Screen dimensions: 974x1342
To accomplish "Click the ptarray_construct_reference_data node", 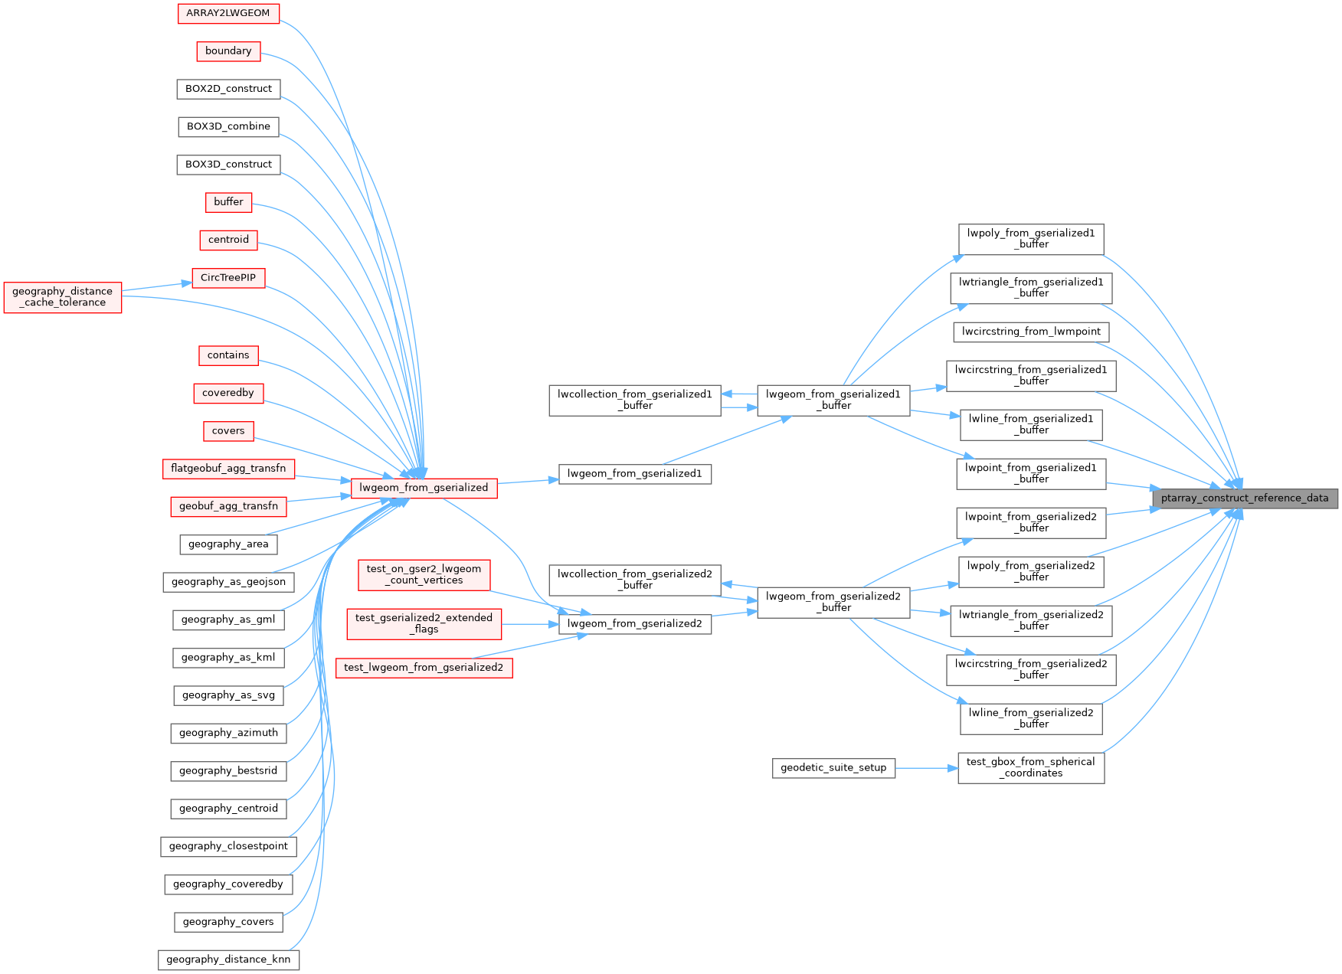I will click(x=1245, y=498).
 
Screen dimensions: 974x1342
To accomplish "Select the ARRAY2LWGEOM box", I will click(x=228, y=13).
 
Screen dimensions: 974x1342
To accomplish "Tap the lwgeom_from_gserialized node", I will click(x=424, y=488).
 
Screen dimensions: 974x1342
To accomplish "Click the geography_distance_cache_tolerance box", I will click(x=63, y=297).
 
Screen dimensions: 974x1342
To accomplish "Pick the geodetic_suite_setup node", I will click(x=833, y=768).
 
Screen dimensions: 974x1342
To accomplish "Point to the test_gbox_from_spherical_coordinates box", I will click(x=1030, y=767).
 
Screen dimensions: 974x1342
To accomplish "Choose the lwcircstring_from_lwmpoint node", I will click(x=1031, y=332).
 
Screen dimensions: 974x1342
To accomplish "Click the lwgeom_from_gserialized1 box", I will click(x=634, y=474).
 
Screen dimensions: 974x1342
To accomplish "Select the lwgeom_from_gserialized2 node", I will click(x=634, y=624).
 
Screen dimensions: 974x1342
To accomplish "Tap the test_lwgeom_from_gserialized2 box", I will click(x=424, y=668).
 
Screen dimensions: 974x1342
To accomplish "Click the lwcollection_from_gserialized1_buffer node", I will click(x=634, y=400).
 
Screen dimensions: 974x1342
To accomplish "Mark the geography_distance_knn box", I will click(x=228, y=959).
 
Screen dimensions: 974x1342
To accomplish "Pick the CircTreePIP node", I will click(x=228, y=278).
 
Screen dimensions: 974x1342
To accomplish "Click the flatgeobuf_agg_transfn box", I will click(x=228, y=469).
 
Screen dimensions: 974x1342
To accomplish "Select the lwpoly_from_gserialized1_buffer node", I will click(x=1030, y=239).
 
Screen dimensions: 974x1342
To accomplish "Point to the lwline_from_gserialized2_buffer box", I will click(x=1030, y=718).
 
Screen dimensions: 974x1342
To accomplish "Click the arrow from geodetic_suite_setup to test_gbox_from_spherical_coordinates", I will click(x=926, y=768).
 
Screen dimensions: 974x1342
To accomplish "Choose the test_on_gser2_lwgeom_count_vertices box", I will click(x=424, y=574).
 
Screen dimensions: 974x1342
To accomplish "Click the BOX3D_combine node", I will click(x=228, y=126).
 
